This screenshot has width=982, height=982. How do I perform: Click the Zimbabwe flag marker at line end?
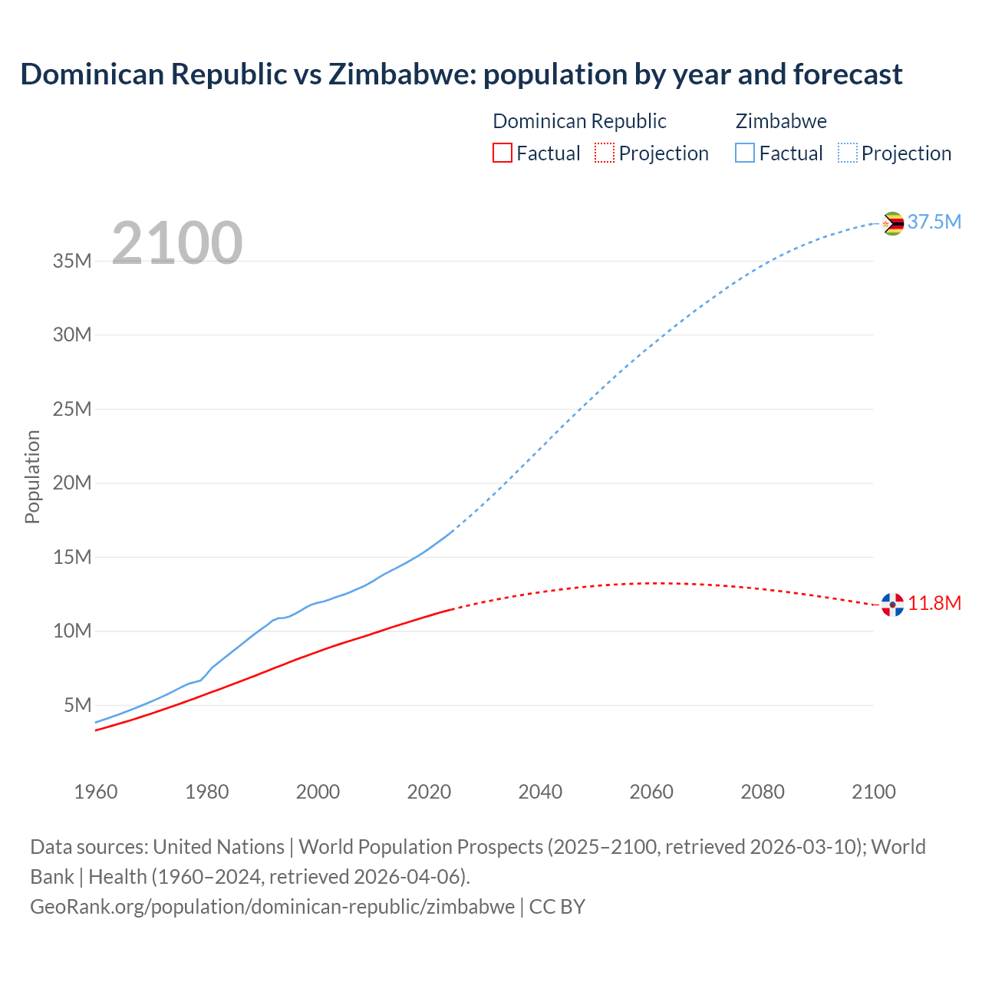click(892, 223)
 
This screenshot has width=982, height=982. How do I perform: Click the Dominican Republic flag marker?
click(892, 605)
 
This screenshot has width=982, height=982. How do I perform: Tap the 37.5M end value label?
click(934, 222)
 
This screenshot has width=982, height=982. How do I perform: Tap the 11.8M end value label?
click(934, 603)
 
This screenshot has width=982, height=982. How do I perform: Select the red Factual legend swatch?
click(502, 153)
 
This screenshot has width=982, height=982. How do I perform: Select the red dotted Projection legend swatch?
click(605, 153)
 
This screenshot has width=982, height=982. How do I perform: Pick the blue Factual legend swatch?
click(744, 153)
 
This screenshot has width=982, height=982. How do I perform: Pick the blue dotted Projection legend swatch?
click(847, 153)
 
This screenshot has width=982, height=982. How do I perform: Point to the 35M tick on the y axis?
click(72, 261)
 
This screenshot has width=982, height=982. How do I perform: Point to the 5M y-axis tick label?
click(77, 705)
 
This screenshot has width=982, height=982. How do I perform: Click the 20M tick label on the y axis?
click(72, 483)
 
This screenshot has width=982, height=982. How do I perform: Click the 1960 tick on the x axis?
click(96, 792)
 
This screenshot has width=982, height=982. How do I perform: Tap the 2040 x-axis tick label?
click(540, 792)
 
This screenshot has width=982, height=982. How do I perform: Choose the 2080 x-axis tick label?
click(763, 792)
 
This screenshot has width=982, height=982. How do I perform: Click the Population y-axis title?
click(32, 476)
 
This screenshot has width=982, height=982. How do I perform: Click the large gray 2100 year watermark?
click(176, 243)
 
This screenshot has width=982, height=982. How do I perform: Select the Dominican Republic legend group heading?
click(579, 121)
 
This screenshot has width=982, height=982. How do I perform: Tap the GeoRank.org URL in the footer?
click(272, 907)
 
